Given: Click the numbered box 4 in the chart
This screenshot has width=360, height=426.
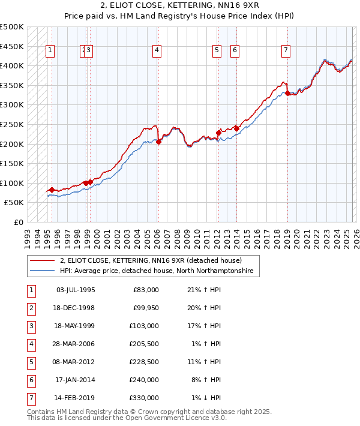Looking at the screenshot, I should tap(156, 51).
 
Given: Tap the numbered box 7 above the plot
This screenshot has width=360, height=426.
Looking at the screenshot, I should tap(286, 51).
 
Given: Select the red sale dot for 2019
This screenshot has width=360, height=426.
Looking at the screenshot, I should tap(287, 93).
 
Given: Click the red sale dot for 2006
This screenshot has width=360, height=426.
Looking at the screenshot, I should tap(158, 142).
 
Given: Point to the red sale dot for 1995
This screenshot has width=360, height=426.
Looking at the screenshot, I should tap(52, 190).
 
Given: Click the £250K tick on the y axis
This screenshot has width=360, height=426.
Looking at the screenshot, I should tap(13, 124).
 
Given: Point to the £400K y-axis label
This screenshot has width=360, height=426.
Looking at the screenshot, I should tap(13, 65).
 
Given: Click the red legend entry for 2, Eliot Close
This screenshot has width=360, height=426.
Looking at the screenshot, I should tap(150, 260).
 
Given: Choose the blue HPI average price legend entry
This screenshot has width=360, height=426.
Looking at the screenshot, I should tap(157, 271).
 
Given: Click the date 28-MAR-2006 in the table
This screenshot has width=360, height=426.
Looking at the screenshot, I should tap(75, 344).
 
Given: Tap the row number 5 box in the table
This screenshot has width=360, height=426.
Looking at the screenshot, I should tap(29, 362).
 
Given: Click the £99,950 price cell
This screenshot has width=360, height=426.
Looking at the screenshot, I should tap(143, 308).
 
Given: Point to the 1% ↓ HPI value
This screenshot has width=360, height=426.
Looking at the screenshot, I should tap(205, 398).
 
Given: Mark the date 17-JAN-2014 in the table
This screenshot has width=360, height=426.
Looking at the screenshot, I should tap(75, 380).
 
